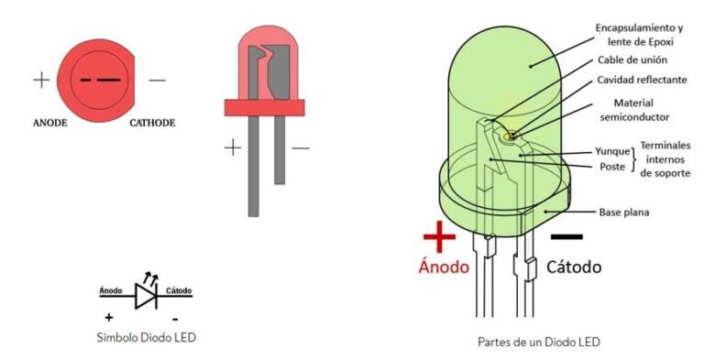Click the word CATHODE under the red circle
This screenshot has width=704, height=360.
click(152, 122)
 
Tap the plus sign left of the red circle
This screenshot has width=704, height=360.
click(41, 80)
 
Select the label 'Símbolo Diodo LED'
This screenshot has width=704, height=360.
click(146, 337)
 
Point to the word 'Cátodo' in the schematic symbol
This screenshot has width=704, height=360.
click(179, 290)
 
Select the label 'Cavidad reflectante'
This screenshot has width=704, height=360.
click(642, 80)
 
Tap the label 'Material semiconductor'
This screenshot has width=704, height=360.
click(634, 110)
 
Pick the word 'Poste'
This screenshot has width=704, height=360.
click(612, 167)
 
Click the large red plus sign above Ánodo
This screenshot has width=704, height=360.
click(439, 236)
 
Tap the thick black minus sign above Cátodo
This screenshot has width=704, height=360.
click(566, 236)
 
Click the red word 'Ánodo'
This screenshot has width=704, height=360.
click(445, 267)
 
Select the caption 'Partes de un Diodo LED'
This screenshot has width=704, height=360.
click(539, 342)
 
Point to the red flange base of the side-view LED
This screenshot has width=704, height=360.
click(265, 107)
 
